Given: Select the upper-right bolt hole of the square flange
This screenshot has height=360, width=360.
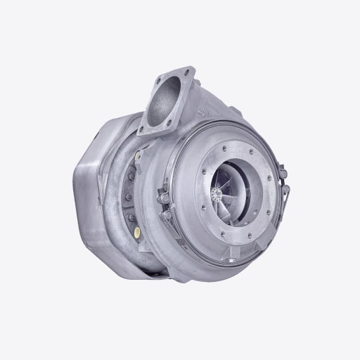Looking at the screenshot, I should click(188, 72).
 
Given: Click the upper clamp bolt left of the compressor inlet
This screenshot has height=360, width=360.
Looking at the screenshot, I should click(163, 198).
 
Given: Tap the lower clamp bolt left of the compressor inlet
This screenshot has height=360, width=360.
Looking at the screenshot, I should click(166, 215).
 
